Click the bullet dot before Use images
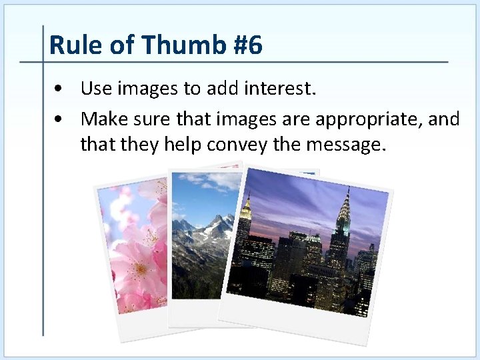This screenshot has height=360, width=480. pyautogui.click(x=61, y=89)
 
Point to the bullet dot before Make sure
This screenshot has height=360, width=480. pyautogui.click(x=61, y=120)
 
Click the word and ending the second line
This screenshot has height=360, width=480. pyautogui.click(x=445, y=119)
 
